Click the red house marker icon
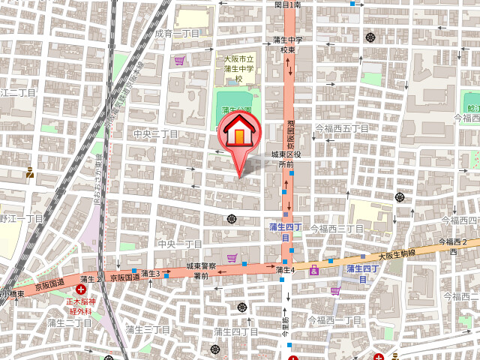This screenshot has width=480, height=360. (238, 133)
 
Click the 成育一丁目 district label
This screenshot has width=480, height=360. (177, 34)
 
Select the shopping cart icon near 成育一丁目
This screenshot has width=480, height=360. (179, 61)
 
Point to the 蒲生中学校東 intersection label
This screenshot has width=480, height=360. (287, 44)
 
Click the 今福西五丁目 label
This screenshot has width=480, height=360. (342, 128)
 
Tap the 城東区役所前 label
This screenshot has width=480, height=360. (286, 158)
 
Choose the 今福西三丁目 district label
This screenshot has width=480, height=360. (337, 228)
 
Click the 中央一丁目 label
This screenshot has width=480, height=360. (180, 244)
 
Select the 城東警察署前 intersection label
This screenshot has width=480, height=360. (202, 271)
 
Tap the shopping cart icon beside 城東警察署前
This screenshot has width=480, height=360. (232, 259)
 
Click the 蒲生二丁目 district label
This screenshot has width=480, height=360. (69, 322)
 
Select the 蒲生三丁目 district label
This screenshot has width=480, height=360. (148, 329)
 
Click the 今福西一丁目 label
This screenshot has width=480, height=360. (338, 320)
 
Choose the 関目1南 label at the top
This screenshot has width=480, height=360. (287, 4)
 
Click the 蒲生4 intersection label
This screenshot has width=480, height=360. (284, 270)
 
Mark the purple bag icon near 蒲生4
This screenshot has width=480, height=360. (313, 270)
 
